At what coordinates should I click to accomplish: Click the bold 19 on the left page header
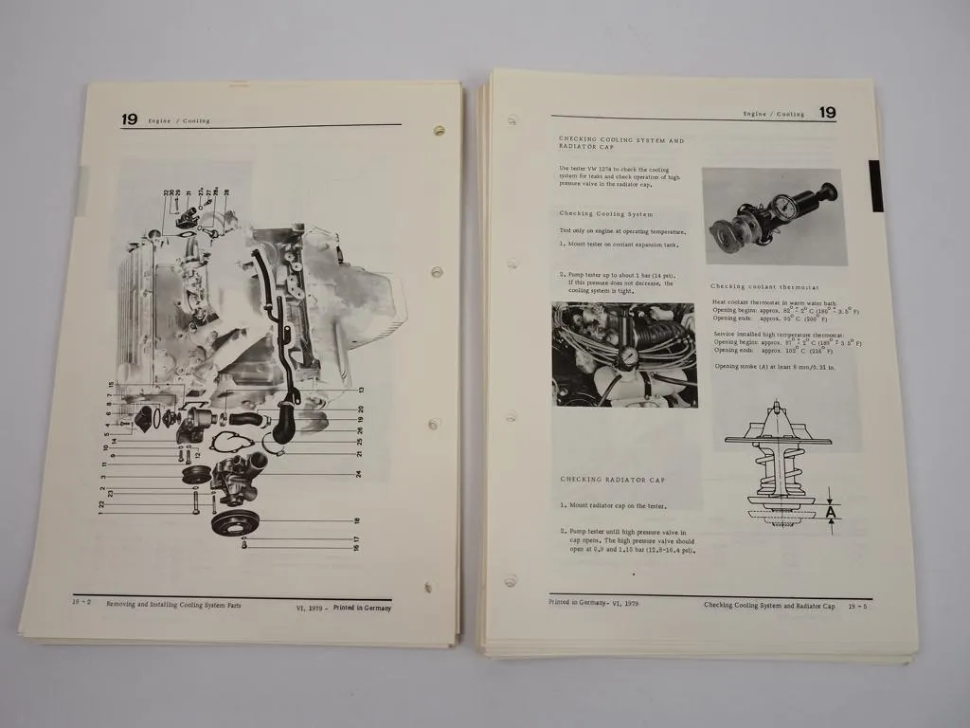click(x=129, y=119)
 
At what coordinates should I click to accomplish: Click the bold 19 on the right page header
click(x=827, y=113)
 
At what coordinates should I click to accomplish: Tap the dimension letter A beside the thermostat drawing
click(x=831, y=513)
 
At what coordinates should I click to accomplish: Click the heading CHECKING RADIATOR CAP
click(x=612, y=480)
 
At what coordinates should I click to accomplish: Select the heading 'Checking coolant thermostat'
click(x=764, y=287)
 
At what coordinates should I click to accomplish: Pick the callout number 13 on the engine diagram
click(x=361, y=391)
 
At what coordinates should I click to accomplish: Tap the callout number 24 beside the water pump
click(x=359, y=473)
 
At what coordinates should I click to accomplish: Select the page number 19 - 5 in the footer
click(x=857, y=605)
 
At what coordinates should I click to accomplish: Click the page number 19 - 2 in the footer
click(x=82, y=601)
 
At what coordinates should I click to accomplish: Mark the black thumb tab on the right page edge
click(x=875, y=186)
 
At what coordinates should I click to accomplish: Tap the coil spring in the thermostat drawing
click(x=777, y=464)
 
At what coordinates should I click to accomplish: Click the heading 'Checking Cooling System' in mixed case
click(x=605, y=214)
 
